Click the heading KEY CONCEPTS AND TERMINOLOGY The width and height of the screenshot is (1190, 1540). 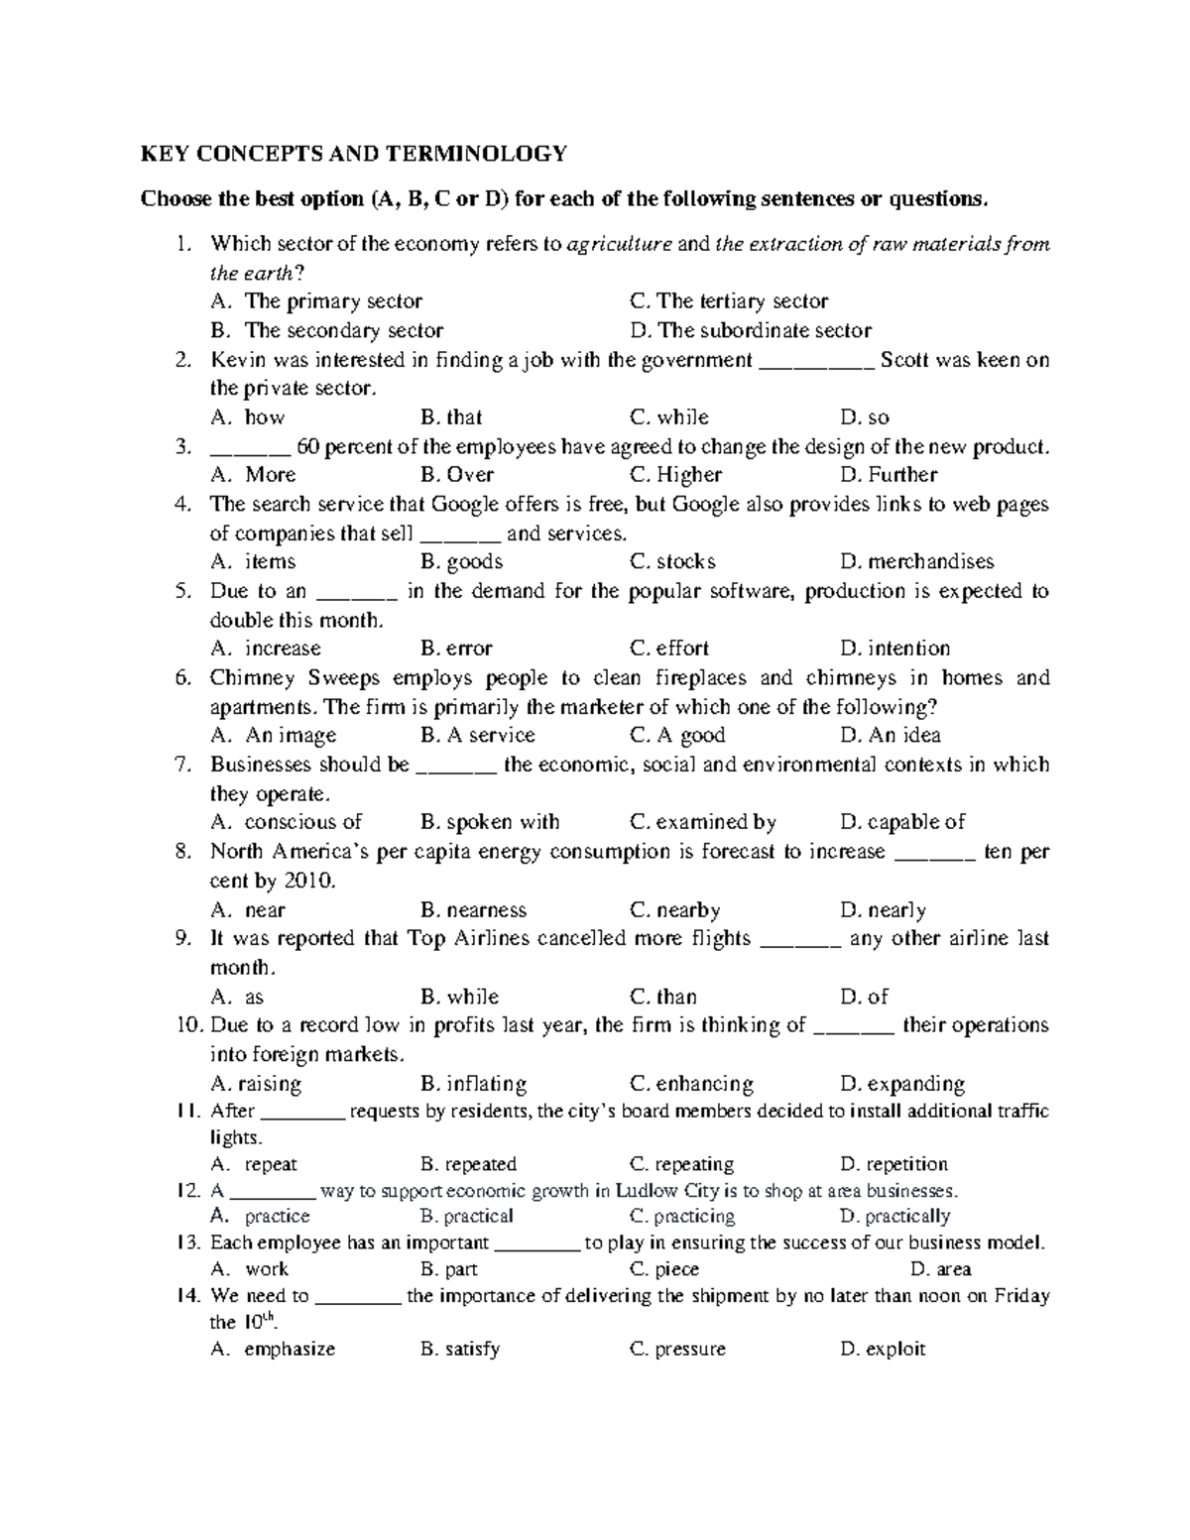pyautogui.click(x=354, y=154)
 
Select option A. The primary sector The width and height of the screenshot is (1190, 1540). pyautogui.click(x=316, y=301)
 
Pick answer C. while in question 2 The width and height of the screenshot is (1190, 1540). pyautogui.click(x=669, y=417)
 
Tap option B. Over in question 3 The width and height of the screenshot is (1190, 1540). pyautogui.click(x=456, y=475)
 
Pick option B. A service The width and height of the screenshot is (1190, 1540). pyautogui.click(x=477, y=736)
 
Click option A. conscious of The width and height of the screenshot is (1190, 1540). pyautogui.click(x=287, y=822)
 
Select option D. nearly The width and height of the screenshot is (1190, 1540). pyautogui.click(x=883, y=910)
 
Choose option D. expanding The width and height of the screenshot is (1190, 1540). pyautogui.click(x=901, y=1084)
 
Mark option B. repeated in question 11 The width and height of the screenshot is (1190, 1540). pyautogui.click(x=468, y=1164)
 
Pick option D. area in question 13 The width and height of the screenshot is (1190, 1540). pyautogui.click(x=940, y=1269)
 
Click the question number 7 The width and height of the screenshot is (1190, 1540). pyautogui.click(x=181, y=765)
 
